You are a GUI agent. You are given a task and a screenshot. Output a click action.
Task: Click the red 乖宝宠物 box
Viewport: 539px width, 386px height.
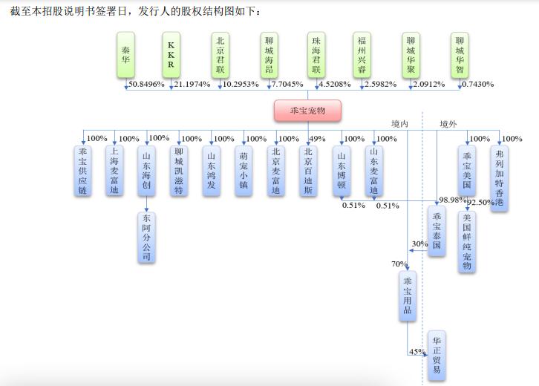307,111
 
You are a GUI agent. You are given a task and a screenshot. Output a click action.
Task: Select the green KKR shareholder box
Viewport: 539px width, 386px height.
171,55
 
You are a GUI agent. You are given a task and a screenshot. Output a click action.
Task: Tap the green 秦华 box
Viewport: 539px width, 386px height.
125,55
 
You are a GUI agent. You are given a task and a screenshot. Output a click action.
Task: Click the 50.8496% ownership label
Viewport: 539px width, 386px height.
146,84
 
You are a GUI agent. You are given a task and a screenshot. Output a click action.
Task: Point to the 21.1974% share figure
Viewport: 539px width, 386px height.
192,84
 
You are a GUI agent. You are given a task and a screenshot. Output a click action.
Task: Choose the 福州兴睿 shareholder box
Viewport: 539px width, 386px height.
362,55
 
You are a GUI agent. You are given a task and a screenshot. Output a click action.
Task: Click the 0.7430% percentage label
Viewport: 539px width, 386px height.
478,84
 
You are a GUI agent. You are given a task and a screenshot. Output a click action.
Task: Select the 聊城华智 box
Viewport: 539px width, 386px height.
460,55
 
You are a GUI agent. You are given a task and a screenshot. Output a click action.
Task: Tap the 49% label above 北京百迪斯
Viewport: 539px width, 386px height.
317,139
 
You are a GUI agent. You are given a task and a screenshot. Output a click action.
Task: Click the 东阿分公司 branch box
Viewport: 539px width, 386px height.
146,238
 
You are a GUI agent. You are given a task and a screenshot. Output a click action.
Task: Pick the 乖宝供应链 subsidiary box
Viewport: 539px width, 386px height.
83,171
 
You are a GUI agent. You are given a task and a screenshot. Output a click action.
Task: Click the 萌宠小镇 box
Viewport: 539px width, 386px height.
244,171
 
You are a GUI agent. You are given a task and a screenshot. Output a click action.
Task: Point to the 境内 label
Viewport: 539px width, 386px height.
399,124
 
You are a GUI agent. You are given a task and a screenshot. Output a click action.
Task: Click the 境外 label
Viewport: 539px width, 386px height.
448,124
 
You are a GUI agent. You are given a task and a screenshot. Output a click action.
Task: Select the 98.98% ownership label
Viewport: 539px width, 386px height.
452,200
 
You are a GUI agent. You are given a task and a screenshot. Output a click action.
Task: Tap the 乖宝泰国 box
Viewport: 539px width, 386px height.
437,231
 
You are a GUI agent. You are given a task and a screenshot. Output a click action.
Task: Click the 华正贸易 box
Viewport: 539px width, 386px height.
437,356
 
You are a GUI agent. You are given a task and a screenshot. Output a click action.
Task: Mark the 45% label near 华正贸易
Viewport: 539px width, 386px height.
417,352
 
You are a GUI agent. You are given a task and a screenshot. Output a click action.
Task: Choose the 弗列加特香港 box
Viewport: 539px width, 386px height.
500,178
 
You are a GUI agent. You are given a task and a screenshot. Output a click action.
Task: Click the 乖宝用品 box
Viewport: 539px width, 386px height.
408,296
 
